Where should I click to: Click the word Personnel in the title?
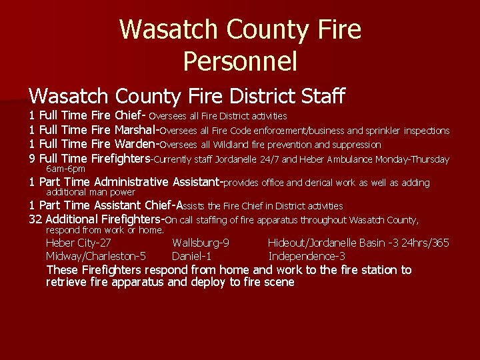click(239, 62)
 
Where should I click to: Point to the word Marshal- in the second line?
click(138, 131)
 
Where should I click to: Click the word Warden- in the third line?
click(137, 145)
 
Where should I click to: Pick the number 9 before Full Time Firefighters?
click(33, 159)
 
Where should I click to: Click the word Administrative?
click(131, 183)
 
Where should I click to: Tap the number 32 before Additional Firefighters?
click(37, 219)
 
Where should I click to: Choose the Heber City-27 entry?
click(78, 243)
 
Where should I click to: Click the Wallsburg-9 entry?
click(201, 243)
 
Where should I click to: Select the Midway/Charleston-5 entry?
click(96, 256)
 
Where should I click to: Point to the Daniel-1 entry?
click(191, 256)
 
